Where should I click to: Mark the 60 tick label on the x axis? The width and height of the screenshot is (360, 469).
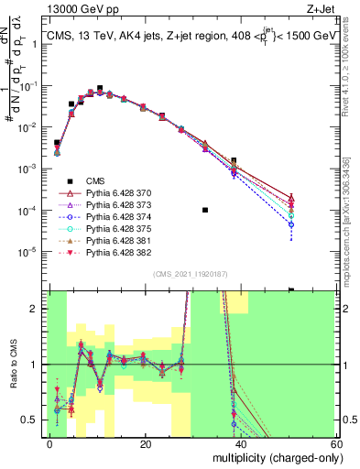coord(336,443)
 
